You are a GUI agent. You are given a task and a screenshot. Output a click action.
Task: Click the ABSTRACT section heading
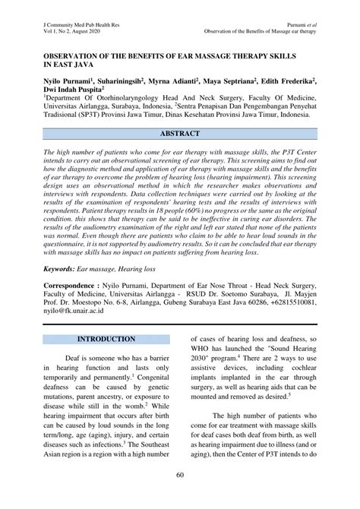(x=180, y=134)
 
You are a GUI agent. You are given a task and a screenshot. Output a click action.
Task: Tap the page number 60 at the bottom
(x=180, y=496)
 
